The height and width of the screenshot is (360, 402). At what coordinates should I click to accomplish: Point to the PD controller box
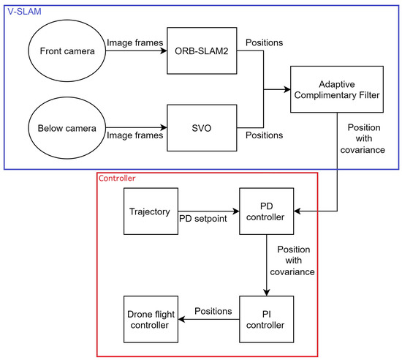coord(266,213)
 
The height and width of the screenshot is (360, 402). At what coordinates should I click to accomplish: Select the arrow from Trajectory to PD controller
coord(208,213)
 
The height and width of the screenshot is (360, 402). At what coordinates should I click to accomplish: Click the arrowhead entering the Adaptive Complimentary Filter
coord(286,89)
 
